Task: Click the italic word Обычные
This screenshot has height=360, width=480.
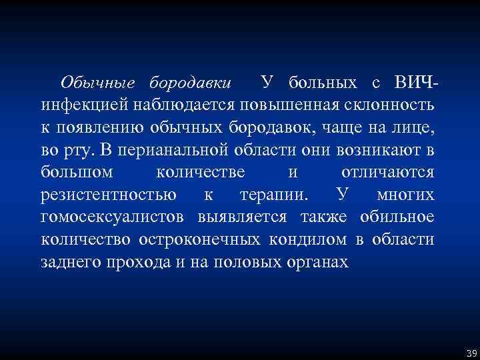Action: point(97,83)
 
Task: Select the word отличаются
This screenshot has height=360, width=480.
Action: point(387,173)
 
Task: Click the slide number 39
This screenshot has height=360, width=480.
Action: point(471,352)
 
